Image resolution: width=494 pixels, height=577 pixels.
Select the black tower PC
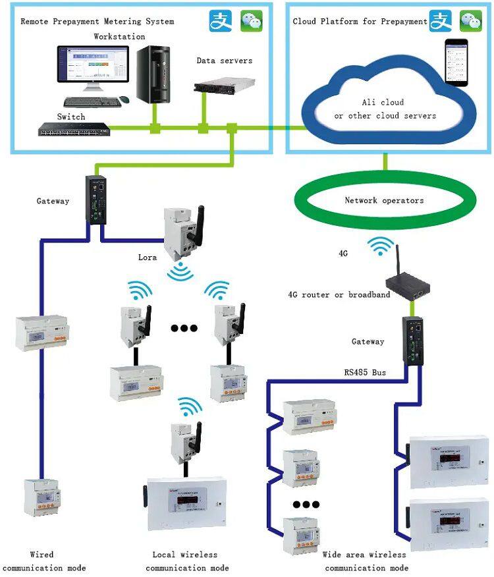pyautogui.click(x=153, y=74)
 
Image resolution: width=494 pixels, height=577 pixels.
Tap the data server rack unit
pyautogui.click(x=224, y=84)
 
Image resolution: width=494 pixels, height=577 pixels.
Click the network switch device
pyautogui.click(x=72, y=129)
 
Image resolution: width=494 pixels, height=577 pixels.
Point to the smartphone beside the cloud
pyautogui.click(x=456, y=62)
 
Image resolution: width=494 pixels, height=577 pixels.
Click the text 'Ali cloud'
pyautogui.click(x=383, y=103)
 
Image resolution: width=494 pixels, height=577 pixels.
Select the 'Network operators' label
pyautogui.click(x=385, y=200)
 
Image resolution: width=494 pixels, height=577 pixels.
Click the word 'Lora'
pyautogui.click(x=148, y=258)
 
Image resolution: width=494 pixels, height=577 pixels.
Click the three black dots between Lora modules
pyautogui.click(x=184, y=327)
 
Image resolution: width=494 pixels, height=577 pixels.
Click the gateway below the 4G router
pyautogui.click(x=415, y=339)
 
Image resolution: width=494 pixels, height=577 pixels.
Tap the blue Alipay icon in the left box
pyautogui.click(x=221, y=21)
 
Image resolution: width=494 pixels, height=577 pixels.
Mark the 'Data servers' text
pyautogui.click(x=224, y=61)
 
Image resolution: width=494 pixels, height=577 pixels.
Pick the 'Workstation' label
pyautogui.click(x=119, y=36)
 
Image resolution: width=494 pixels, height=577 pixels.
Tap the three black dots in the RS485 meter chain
pyautogui.click(x=306, y=505)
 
